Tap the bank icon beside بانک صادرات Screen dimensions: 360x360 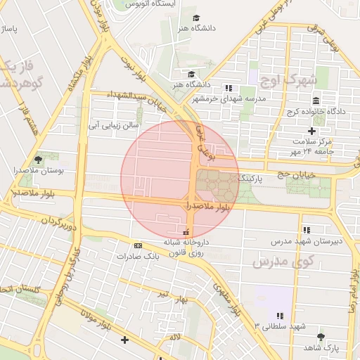point(138,245)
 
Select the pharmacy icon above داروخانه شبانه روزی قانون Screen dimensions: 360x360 point(186,233)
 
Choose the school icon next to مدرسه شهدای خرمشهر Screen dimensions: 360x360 point(228,88)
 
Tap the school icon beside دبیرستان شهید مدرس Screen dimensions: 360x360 point(307,230)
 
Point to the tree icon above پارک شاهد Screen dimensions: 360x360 point(321,337)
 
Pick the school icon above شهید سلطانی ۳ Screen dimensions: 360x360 point(280,316)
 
